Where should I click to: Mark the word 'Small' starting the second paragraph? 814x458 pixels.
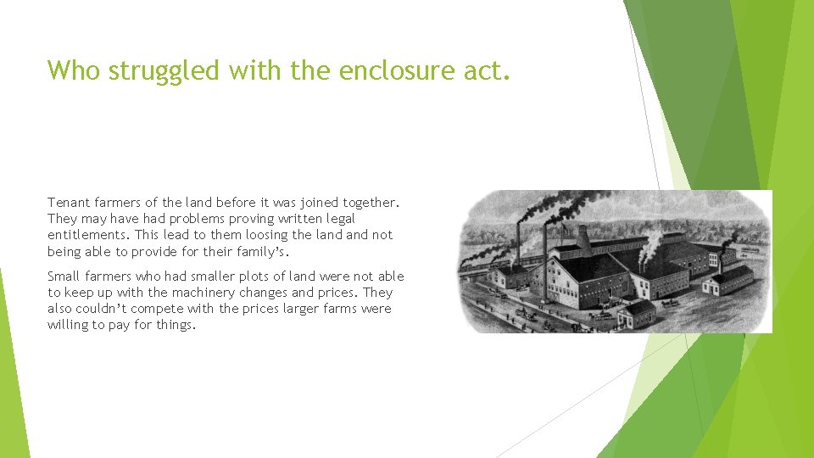(x=64, y=276)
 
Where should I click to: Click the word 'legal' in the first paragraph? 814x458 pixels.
(x=337, y=219)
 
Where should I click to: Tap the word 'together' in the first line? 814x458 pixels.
(x=368, y=203)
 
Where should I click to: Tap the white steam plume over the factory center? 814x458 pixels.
(x=650, y=245)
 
